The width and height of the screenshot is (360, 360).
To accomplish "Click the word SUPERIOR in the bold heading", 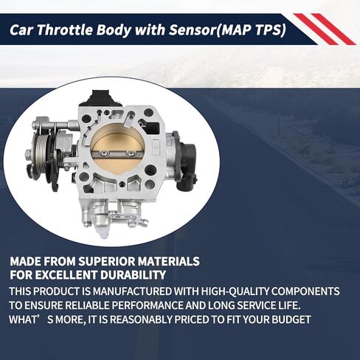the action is pos(106,261).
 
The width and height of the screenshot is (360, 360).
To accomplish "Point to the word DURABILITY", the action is pos(133,274).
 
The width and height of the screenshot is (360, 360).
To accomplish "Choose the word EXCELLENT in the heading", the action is pos(66,274).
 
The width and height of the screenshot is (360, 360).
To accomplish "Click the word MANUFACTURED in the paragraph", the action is pos(132,291).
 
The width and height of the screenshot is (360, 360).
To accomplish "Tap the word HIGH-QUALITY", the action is pos(235,291).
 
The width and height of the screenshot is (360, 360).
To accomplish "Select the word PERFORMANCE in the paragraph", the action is pos(147,305).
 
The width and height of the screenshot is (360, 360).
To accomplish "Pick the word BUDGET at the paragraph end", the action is pos(291,319).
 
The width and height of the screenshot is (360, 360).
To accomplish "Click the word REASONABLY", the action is pos(141,319).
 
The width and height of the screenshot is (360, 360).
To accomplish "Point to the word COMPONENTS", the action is pos(305,291).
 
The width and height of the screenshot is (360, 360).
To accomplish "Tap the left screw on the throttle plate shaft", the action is pos(105,153).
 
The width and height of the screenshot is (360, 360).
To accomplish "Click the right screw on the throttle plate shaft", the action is pos(130,153).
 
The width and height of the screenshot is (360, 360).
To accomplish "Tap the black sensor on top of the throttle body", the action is pos(101,97).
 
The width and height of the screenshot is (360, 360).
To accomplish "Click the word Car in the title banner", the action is pos(21,30).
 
